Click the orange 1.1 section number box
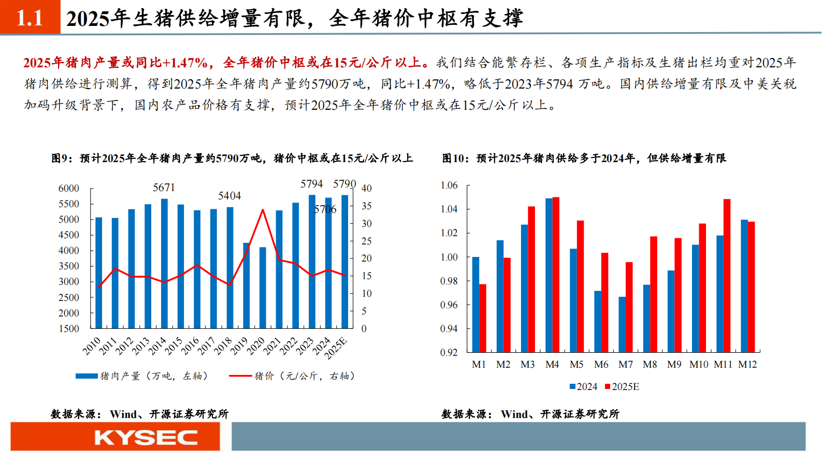pyautogui.click(x=30, y=17)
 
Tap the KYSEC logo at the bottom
pyautogui.click(x=146, y=438)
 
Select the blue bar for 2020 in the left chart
pyautogui.click(x=263, y=287)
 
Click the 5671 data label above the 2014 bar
pyautogui.click(x=164, y=187)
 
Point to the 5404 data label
pyautogui.click(x=229, y=196)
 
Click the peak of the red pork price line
pyautogui.click(x=263, y=210)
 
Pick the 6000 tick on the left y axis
pyautogui.click(x=69, y=189)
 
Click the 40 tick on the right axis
pyautogui.click(x=366, y=189)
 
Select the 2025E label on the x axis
pyautogui.click(x=336, y=348)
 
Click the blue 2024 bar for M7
pyautogui.click(x=622, y=324)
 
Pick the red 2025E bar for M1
pyautogui.click(x=483, y=318)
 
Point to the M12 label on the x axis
pyautogui.click(x=747, y=365)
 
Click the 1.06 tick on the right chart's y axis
pyautogui.click(x=449, y=185)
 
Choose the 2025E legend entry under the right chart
pyautogui.click(x=622, y=387)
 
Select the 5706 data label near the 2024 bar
pyautogui.click(x=325, y=209)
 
